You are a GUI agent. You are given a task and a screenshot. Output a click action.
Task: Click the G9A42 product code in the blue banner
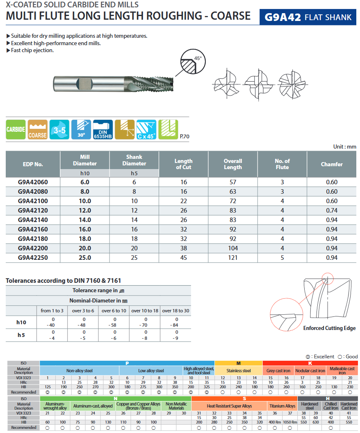pyautogui.click(x=283, y=17)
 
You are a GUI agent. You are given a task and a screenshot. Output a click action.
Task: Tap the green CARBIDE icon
pyautogui.click(x=16, y=130)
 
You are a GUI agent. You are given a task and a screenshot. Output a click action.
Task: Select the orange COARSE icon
pyautogui.click(x=37, y=130)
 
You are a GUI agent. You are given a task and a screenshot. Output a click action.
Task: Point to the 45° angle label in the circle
pyautogui.click(x=198, y=58)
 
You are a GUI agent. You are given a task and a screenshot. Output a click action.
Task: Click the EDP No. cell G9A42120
pyautogui.click(x=33, y=211)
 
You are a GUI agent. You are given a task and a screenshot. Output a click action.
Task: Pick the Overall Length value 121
pyautogui.click(x=233, y=258)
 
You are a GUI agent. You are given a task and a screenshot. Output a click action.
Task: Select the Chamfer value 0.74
pyautogui.click(x=331, y=211)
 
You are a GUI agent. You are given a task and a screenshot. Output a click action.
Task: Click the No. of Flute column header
pyautogui.click(x=282, y=164)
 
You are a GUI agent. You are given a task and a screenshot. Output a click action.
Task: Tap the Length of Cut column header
pyautogui.click(x=183, y=164)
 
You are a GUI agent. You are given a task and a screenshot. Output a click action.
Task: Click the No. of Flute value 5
pyautogui.click(x=282, y=258)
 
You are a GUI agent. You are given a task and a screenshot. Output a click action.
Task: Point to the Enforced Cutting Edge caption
pyautogui.click(x=329, y=328)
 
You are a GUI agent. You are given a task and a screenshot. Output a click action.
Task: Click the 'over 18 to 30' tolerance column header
pyautogui.click(x=176, y=311)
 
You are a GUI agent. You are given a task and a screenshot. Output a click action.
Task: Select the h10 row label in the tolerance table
pyautogui.click(x=21, y=322)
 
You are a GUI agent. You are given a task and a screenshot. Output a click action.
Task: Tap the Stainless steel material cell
pyautogui.click(x=239, y=371)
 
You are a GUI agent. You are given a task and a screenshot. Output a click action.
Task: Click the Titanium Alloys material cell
pyautogui.click(x=282, y=406)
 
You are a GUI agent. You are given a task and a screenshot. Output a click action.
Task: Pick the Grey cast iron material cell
pyautogui.click(x=278, y=371)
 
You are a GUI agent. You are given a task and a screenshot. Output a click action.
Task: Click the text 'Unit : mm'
pyautogui.click(x=344, y=147)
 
